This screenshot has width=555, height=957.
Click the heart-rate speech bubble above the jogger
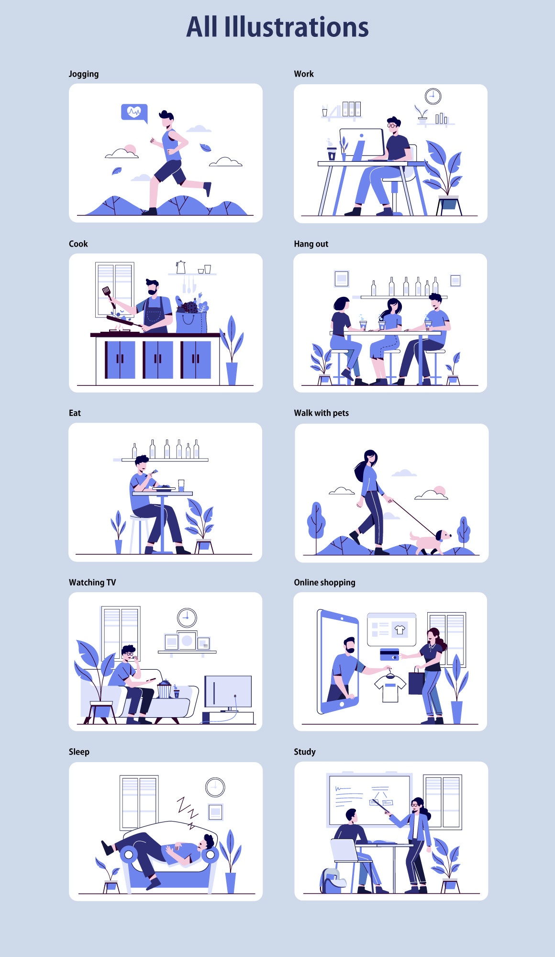[134, 113]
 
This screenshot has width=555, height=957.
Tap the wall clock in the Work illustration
[433, 96]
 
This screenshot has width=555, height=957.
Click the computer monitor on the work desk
[362, 142]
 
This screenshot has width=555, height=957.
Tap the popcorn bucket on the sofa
[164, 689]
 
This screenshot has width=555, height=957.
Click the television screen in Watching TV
[228, 691]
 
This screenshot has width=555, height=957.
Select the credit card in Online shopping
[389, 654]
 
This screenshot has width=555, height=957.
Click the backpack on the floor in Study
[332, 881]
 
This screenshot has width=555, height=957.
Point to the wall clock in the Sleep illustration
[215, 787]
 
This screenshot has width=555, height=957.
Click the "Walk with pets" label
[322, 413]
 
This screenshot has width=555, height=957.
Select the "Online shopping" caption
[324, 583]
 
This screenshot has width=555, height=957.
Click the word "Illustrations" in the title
[297, 27]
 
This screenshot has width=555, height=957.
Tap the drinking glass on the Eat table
[181, 485]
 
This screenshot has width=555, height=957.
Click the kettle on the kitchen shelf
[180, 267]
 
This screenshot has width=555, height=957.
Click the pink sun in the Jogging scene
[130, 150]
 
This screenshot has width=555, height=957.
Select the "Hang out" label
[311, 244]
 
